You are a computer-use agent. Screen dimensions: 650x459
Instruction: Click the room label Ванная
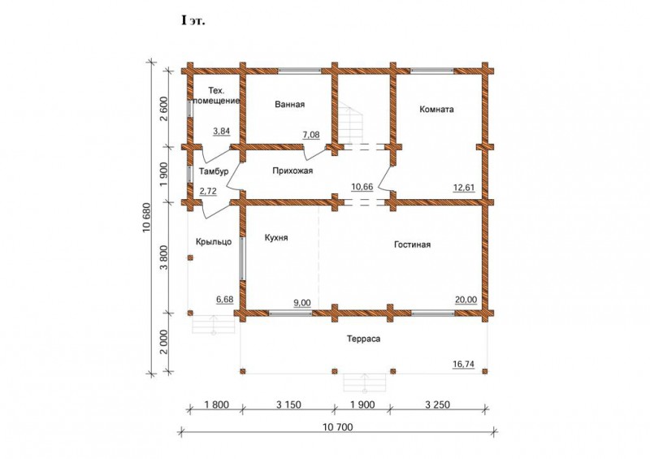click(290, 105)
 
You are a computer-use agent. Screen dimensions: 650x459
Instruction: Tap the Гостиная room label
click(412, 245)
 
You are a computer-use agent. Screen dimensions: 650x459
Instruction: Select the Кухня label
click(276, 238)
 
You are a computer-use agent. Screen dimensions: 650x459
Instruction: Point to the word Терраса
click(363, 339)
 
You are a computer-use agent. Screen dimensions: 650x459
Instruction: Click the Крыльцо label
click(214, 242)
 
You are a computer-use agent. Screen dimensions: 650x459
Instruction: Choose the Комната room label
click(436, 110)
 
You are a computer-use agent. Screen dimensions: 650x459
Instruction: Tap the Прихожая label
click(292, 171)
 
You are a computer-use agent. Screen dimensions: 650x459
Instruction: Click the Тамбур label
click(214, 171)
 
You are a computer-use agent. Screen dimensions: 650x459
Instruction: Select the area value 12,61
click(464, 188)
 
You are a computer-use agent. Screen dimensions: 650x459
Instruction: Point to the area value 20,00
click(466, 300)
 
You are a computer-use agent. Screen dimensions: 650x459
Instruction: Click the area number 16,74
click(463, 364)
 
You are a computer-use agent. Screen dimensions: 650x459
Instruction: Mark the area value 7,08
click(311, 135)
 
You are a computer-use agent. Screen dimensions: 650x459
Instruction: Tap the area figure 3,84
click(221, 131)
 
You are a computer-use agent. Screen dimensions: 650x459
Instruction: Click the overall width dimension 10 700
click(337, 427)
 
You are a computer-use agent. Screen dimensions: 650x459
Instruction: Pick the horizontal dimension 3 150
click(288, 405)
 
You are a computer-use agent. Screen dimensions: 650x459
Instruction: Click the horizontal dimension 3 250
click(437, 405)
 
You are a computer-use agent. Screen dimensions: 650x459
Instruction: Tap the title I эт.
click(193, 21)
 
